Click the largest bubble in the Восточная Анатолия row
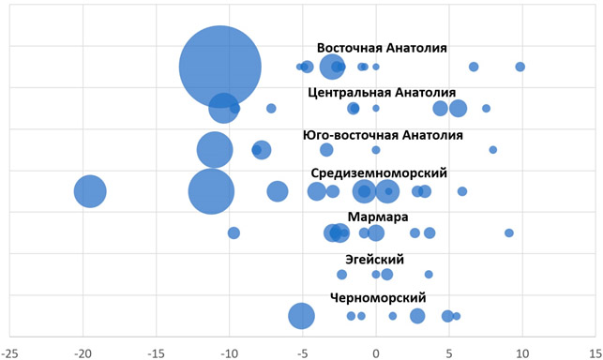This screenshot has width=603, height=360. (220, 67)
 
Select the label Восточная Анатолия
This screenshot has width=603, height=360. (382, 48)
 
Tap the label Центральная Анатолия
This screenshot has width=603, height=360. (382, 93)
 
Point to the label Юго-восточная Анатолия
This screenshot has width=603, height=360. (383, 135)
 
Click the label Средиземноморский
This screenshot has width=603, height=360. (379, 173)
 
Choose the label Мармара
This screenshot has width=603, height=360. (378, 217)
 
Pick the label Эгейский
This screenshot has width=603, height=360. (374, 260)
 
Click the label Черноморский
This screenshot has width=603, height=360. (378, 298)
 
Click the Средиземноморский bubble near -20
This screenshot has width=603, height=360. (90, 191)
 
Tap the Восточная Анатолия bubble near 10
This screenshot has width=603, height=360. (520, 67)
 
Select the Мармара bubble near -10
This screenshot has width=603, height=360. (234, 232)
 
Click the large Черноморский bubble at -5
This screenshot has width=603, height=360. (302, 316)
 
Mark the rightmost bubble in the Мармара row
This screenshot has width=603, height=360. (509, 232)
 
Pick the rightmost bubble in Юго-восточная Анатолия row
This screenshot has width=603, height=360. (493, 150)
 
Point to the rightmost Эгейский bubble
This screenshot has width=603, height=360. (429, 275)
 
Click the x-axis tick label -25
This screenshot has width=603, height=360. (9, 352)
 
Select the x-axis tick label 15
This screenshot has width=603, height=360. (595, 352)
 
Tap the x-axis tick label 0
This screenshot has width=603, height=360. (376, 352)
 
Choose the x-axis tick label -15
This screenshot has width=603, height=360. (156, 352)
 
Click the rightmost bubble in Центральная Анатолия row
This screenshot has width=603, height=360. (486, 109)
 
